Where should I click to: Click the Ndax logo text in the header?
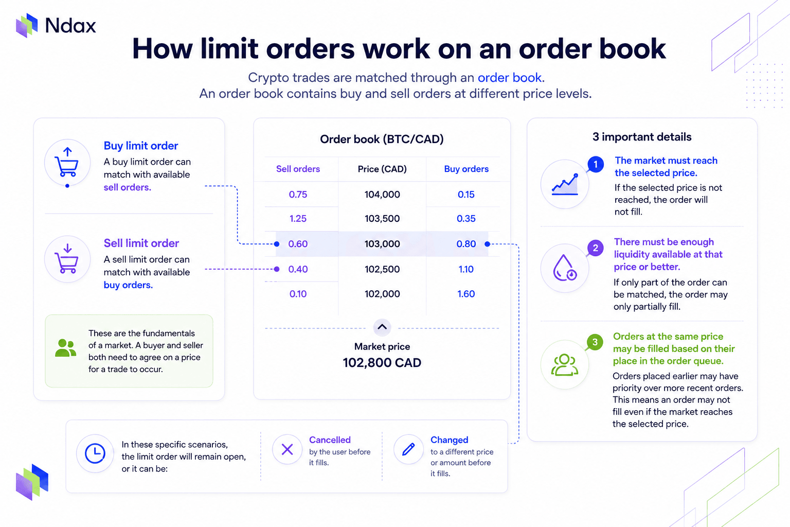pos(70,26)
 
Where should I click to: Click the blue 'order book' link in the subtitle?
pos(509,77)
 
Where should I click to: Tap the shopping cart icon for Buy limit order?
pos(67,163)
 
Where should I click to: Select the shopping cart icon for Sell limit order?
pos(67,259)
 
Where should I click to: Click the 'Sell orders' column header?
pos(298,169)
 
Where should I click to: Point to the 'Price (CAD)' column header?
pos(382,169)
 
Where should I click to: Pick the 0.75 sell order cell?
pos(298,194)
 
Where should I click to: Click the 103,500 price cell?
pos(382,219)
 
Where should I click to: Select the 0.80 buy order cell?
pos(466,243)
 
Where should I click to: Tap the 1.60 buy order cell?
pos(466,294)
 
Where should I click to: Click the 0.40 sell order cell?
pos(298,269)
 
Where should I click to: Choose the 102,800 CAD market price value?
pos(382,362)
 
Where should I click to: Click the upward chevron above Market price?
pos(382,327)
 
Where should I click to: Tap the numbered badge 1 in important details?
pos(595,165)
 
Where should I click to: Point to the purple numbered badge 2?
pos(595,248)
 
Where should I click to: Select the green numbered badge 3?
pos(595,342)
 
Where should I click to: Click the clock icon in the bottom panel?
pos(95,453)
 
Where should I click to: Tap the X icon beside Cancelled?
pos(287,450)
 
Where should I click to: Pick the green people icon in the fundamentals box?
pos(66,348)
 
